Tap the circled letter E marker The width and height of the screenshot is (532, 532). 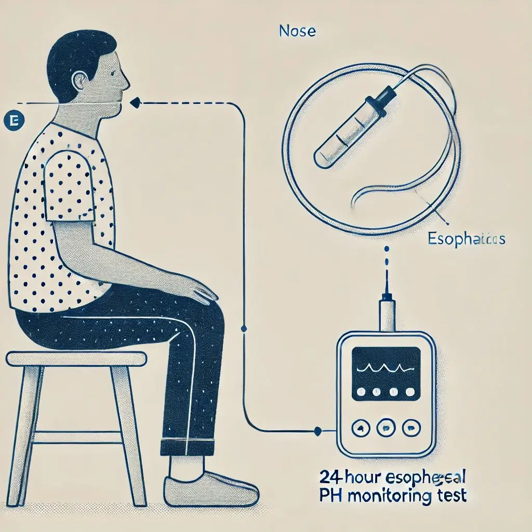pos(11,121)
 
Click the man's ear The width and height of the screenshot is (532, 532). pos(80,81)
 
